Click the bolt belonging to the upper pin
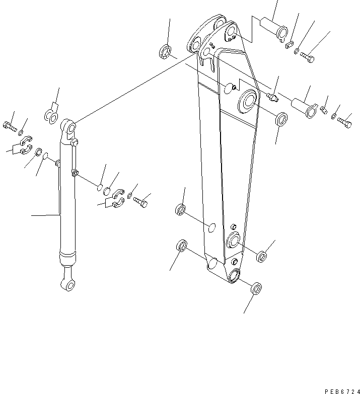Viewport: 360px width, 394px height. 308,57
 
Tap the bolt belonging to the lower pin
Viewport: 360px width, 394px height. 345,122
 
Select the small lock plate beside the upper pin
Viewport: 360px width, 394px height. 289,45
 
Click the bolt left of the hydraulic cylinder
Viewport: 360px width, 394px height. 10,126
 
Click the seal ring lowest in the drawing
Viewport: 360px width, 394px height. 256,289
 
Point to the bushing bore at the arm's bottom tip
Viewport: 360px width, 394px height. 233,275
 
